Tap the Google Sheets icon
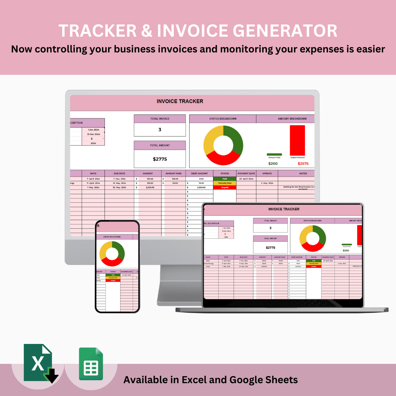(x=91, y=364)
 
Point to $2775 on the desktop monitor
(x=159, y=159)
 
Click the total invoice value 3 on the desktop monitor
(x=159, y=129)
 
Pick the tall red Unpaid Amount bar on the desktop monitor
(x=297, y=140)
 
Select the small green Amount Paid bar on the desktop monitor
(x=274, y=154)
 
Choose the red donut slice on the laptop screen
(x=312, y=248)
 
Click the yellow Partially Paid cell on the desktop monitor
(x=224, y=183)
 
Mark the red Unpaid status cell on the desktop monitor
(x=224, y=187)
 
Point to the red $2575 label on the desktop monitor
(x=303, y=164)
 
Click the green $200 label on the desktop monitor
(x=273, y=164)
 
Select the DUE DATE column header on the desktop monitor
(x=119, y=173)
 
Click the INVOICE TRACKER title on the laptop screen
(x=284, y=209)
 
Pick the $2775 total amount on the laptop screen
(x=270, y=247)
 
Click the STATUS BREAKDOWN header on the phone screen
(x=112, y=237)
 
